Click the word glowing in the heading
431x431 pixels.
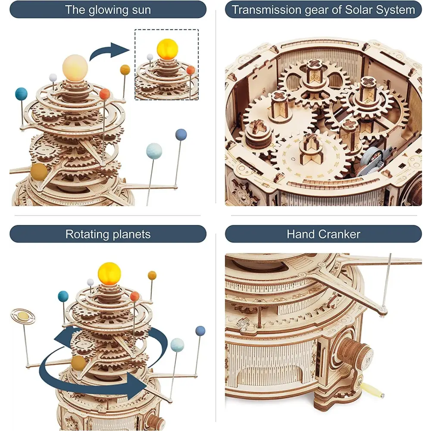[108, 10]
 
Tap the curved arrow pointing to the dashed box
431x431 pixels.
[109, 51]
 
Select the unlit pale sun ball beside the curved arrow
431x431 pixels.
[75, 68]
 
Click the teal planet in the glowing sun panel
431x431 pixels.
[21, 94]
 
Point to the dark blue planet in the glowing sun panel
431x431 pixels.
[181, 134]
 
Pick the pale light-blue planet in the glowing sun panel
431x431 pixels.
[154, 151]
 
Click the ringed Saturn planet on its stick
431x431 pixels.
[23, 317]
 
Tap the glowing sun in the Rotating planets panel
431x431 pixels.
[109, 274]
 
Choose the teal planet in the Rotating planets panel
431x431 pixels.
[63, 296]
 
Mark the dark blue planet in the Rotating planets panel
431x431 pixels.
[200, 331]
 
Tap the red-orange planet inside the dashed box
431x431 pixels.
[191, 70]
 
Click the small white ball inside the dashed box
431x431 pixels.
[150, 57]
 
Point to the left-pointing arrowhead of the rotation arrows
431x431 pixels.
[62, 338]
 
